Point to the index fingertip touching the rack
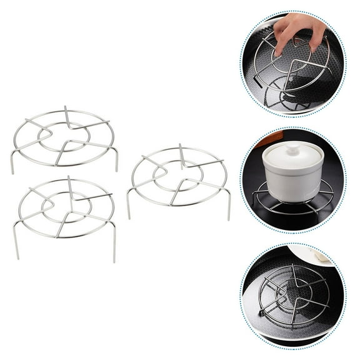[x=279, y=51]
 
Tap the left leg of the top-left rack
[x=12, y=162]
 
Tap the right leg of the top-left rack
[x=116, y=160]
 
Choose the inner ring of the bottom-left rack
[x=66, y=207]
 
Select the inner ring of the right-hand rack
[x=177, y=177]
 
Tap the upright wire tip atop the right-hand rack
[x=181, y=146]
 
